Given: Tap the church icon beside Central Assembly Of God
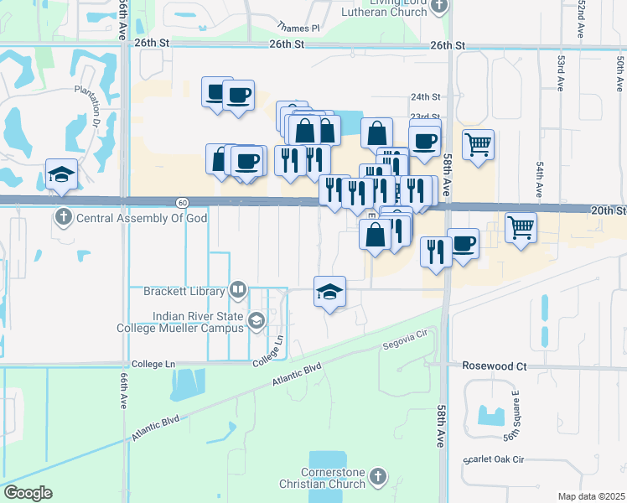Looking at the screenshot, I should click(x=63, y=219).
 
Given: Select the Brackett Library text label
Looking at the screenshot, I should click(x=184, y=292).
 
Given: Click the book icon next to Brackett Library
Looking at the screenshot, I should click(x=238, y=291).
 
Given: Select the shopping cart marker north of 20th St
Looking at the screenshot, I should click(x=478, y=145).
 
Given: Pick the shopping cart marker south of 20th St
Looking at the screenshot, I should click(x=521, y=227).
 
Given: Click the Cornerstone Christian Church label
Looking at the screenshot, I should click(x=324, y=478).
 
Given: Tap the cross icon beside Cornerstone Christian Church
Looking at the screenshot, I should click(x=378, y=477).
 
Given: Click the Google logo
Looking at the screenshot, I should click(x=28, y=493).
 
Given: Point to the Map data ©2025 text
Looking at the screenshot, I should click(x=592, y=496).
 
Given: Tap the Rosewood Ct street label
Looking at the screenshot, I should click(x=495, y=366).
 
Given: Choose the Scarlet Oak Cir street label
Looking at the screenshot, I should click(x=494, y=459).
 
